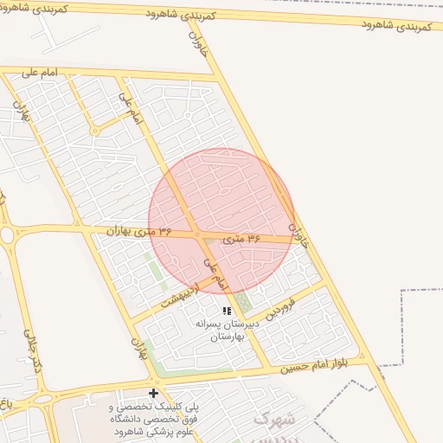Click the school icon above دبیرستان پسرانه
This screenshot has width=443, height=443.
coord(227,310)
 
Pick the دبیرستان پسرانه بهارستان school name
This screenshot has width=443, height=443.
coord(227,330)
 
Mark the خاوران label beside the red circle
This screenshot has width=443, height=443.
coord(297,228)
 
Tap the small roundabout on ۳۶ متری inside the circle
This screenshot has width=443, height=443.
coord(198,234)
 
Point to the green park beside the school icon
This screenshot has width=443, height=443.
coord(243,304)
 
